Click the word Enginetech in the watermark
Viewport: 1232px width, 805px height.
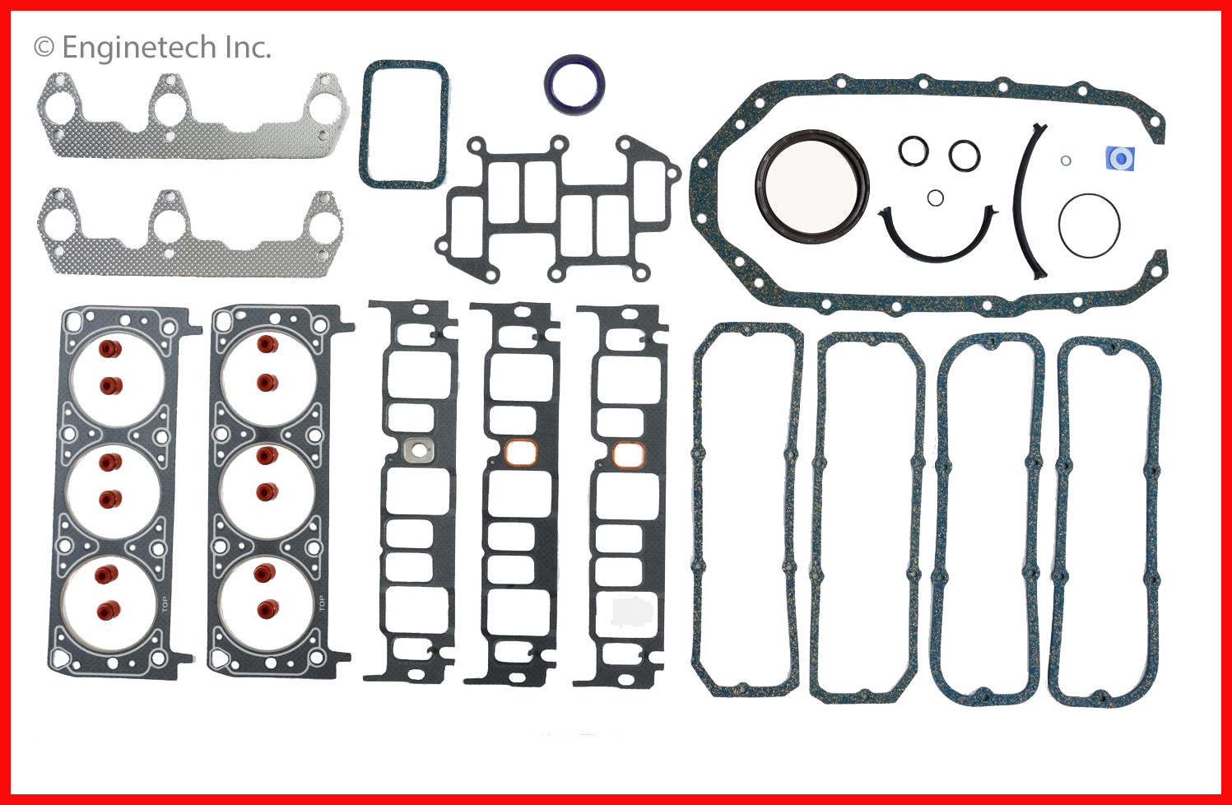(140, 48)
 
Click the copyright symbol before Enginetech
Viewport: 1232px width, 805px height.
(44, 47)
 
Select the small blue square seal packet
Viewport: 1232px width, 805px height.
(1120, 159)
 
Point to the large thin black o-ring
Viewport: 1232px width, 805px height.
(1060, 226)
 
